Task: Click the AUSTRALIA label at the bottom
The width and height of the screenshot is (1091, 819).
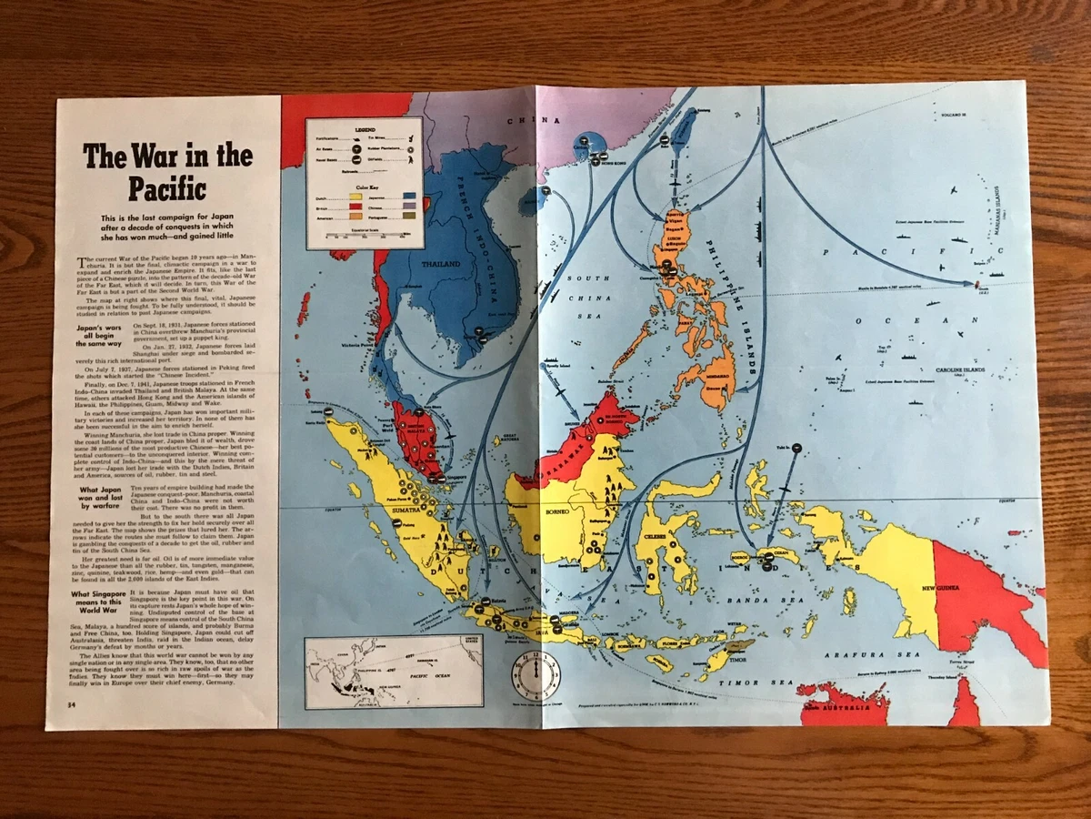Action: click(854, 707)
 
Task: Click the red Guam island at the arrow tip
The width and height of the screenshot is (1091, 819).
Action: click(976, 285)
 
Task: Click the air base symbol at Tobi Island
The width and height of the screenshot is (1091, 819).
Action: click(796, 448)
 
